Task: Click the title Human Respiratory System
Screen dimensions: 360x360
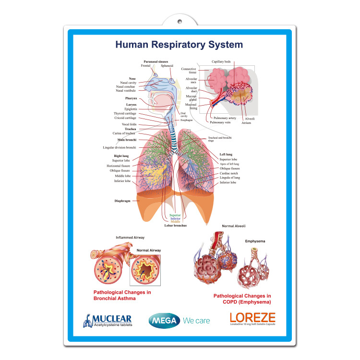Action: [179, 45]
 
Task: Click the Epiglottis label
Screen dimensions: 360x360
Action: [131, 109]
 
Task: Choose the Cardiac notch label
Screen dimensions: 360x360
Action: [229, 173]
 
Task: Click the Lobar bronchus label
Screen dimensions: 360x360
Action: [175, 225]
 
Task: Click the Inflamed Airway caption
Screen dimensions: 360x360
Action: [130, 238]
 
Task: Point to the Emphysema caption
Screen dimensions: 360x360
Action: [255, 241]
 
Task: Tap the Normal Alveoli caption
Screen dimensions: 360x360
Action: [234, 226]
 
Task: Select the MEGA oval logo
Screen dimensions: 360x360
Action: [164, 320]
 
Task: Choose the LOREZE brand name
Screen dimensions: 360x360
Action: [252, 317]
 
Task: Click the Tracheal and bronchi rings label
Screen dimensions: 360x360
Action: [220, 138]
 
